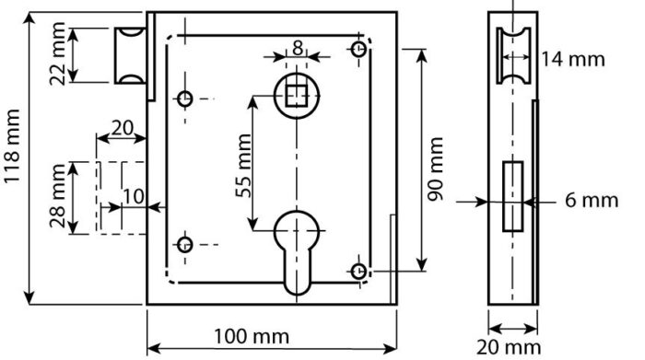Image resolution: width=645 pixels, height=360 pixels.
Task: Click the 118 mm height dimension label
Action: (11, 145)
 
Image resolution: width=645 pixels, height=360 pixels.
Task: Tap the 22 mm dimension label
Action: (57, 53)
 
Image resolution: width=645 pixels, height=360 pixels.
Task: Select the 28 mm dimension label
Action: (57, 195)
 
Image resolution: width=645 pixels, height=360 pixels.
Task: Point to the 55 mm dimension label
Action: (243, 165)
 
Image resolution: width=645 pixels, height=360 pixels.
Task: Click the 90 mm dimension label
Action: (435, 168)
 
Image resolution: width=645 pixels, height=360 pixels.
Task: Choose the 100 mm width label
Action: (252, 337)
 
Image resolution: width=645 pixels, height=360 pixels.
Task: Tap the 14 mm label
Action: (572, 59)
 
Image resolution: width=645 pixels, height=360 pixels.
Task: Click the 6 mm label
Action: (592, 200)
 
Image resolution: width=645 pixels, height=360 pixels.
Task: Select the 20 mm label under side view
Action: (509, 347)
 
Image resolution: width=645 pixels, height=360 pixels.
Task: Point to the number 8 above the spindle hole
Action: (298, 48)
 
